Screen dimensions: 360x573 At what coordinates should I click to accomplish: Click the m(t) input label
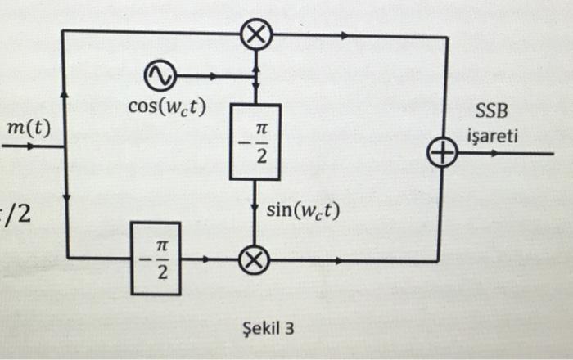(x=28, y=128)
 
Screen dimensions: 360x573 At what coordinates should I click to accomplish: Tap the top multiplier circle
(x=256, y=35)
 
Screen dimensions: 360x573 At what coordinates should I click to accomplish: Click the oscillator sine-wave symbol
(x=159, y=76)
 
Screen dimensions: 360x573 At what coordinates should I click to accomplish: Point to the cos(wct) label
(x=167, y=106)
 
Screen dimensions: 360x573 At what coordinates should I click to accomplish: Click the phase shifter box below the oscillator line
(x=256, y=142)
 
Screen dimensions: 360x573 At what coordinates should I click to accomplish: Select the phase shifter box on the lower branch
(x=156, y=259)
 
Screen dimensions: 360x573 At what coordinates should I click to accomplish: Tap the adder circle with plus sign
(x=442, y=153)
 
